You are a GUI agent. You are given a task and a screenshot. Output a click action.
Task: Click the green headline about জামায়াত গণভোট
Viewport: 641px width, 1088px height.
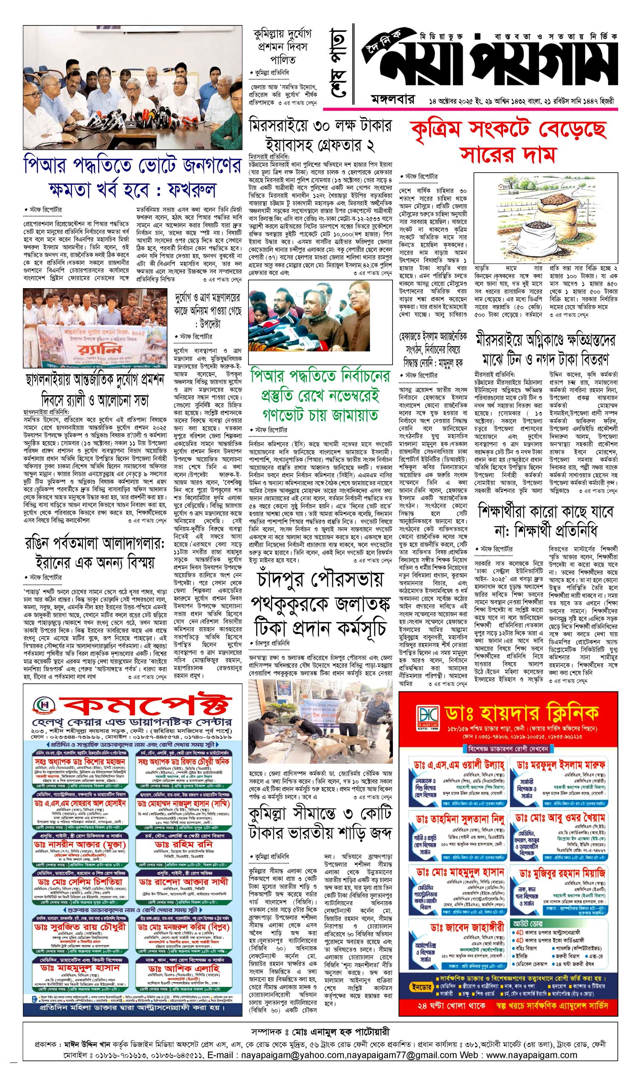(x=320, y=395)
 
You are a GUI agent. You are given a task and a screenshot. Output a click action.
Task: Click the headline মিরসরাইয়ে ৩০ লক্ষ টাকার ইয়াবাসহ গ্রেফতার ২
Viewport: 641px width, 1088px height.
(x=320, y=134)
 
